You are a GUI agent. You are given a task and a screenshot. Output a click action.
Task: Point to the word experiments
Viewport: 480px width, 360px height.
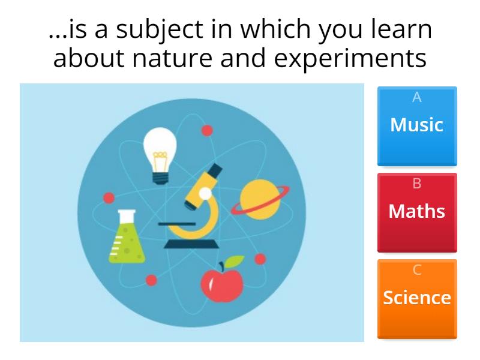coord(359,58)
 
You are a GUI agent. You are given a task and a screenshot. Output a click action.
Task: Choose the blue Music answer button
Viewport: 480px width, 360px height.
coord(417,126)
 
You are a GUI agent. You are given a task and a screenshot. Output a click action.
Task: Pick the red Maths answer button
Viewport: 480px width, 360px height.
coord(417,212)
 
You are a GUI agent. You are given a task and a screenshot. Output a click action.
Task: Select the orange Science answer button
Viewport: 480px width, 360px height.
coord(417,298)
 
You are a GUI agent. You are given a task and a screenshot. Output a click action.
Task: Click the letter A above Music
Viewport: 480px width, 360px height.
coord(417,97)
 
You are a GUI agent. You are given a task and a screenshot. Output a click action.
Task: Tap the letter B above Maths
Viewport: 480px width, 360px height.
coord(417,184)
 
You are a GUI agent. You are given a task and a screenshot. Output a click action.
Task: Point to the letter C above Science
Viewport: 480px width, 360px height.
coord(417,270)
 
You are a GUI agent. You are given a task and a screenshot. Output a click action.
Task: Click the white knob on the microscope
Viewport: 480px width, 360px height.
coord(206,193)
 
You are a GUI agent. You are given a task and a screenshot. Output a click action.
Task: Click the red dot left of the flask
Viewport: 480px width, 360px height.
coord(109,198)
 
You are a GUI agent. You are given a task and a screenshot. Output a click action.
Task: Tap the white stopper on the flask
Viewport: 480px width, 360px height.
coord(126,212)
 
